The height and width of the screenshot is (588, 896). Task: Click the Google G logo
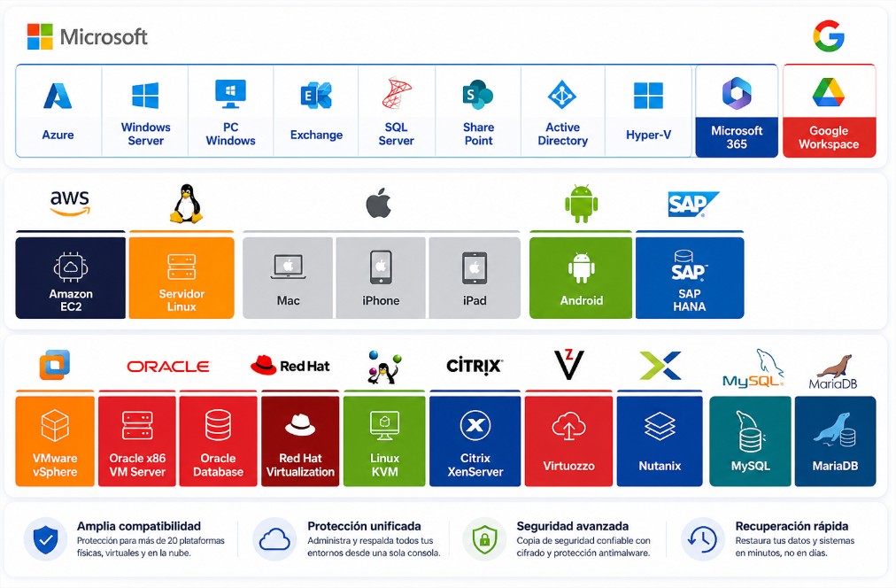(829, 36)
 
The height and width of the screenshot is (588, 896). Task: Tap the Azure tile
(58, 111)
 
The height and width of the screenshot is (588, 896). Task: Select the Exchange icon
(316, 96)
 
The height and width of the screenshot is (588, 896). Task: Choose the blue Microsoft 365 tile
(737, 111)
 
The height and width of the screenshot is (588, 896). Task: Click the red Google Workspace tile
(829, 111)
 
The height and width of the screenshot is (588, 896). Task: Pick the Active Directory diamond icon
(562, 94)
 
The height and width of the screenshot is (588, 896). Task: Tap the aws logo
(70, 203)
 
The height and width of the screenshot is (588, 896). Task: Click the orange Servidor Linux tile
(182, 278)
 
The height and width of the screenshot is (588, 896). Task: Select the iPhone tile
(381, 278)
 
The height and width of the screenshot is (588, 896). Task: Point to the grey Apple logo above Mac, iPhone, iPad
(378, 203)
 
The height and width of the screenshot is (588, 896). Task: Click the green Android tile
(581, 278)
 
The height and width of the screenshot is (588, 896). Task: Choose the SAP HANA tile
(690, 278)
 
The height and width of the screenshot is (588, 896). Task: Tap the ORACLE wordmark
(168, 367)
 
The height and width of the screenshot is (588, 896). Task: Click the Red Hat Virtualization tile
(300, 441)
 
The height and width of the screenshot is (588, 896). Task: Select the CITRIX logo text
(475, 366)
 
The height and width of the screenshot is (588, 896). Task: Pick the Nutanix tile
(660, 441)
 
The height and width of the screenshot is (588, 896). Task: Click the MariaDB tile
(836, 441)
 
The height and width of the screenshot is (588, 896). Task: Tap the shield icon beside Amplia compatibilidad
(46, 539)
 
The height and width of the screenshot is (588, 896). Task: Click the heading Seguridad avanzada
(573, 526)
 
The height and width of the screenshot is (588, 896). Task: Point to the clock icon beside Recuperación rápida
(702, 539)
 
